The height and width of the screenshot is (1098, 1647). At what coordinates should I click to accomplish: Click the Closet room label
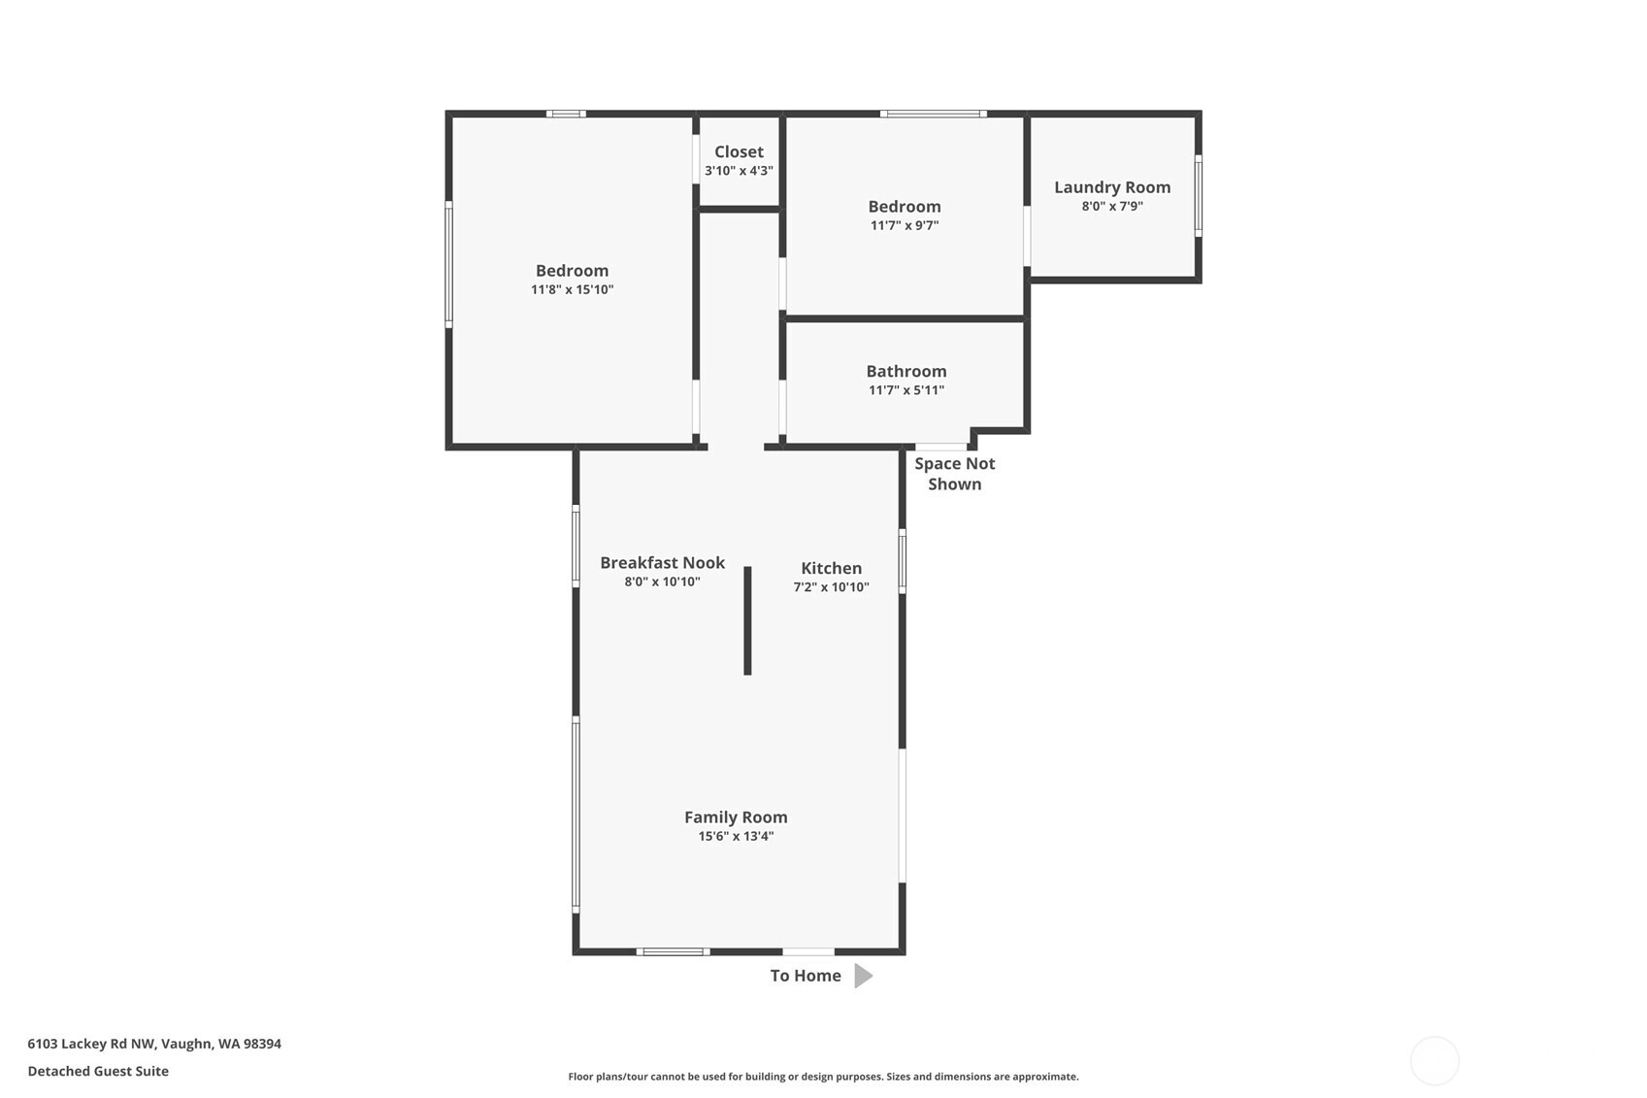point(739,151)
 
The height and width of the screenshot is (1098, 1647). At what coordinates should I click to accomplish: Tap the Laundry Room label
point(1112,187)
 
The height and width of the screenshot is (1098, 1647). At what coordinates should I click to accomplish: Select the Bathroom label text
point(906,371)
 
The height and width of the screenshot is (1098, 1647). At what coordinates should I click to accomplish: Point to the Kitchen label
point(831,568)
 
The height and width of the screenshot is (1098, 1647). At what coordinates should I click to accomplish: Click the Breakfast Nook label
point(663,563)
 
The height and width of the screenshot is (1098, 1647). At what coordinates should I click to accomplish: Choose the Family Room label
point(736,817)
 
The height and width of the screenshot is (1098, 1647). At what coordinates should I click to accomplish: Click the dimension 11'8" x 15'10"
point(572,289)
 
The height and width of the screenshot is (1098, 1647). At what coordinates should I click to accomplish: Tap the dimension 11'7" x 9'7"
point(905,225)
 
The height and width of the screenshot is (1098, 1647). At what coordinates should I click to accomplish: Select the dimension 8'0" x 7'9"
point(1112,206)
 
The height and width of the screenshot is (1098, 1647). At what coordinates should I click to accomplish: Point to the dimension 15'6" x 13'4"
point(736,836)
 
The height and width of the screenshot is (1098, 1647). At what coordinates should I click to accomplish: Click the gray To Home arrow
point(863,976)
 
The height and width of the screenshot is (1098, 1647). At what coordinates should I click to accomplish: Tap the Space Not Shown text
point(954,474)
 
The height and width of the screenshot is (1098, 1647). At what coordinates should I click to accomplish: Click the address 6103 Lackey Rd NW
point(91,1044)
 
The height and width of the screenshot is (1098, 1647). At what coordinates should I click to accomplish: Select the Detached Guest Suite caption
point(99,1072)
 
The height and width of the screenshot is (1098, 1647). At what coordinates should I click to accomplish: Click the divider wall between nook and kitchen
point(747,620)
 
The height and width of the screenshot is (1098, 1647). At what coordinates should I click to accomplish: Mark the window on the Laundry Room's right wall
point(1198,196)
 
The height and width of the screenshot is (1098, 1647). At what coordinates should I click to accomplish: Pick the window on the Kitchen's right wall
point(903,561)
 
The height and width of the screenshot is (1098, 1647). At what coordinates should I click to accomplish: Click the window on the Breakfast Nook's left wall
point(576,547)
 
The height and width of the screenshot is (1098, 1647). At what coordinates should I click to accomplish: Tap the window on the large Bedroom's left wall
point(448,265)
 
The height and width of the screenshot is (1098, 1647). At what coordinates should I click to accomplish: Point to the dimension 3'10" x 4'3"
point(739,171)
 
